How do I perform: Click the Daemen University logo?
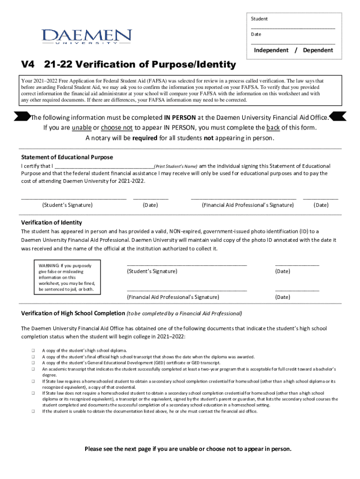tap(87, 37)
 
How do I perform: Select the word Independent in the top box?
tap(271, 50)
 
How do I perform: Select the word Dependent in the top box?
tap(318, 50)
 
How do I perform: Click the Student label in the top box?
tap(259, 19)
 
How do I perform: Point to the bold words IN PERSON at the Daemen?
tap(180, 117)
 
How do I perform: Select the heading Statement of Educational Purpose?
tap(67, 157)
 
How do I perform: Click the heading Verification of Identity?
tap(51, 223)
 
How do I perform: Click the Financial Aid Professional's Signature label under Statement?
tap(247, 205)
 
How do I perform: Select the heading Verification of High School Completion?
tap(72, 313)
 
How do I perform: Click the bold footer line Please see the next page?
tap(187, 449)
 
